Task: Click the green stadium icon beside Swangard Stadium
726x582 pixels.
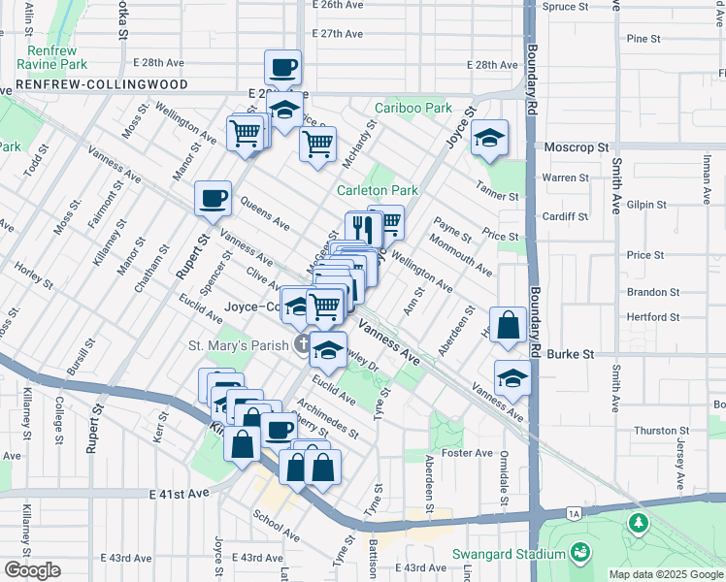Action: coord(580,553)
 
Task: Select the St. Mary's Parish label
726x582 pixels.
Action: coord(238,344)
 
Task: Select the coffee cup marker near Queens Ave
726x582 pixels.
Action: coord(214,199)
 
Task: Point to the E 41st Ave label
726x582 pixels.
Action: coord(180,494)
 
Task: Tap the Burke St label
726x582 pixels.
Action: coord(574,355)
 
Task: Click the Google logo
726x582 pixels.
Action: coord(32,570)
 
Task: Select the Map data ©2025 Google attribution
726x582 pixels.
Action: coord(666,574)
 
